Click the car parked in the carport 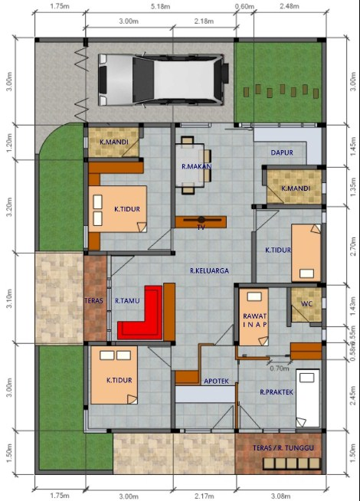point(163,79)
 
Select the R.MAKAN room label point(196,166)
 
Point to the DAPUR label point(282,152)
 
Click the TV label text point(201,228)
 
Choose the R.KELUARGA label point(210,270)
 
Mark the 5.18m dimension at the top point(162,6)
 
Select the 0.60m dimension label point(245,6)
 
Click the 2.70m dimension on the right point(352,244)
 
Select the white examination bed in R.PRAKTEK point(308,398)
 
